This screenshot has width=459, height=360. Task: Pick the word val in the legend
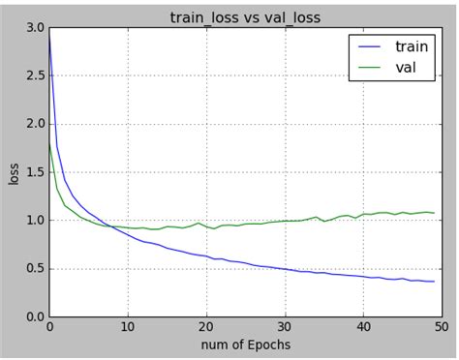point(406,67)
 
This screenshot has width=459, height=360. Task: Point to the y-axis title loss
point(13,173)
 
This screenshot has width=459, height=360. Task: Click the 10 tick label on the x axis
point(127,328)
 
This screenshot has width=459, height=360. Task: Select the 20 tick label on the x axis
point(205,328)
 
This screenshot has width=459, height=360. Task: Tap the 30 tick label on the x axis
point(283,328)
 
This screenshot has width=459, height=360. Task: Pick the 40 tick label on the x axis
point(361,328)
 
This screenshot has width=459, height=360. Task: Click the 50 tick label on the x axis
point(439,328)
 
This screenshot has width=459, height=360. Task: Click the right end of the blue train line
point(433,282)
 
